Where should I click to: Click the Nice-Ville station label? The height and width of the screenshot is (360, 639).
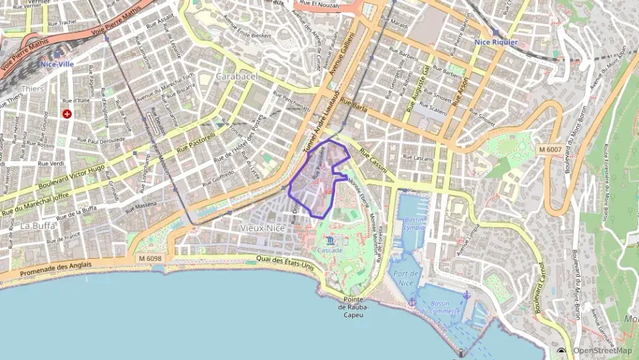coord(56,64)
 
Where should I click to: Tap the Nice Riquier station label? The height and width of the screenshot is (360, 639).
coord(496,42)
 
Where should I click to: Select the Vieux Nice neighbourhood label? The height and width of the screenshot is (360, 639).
coord(261,227)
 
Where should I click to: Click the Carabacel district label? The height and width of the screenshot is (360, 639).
coord(236,77)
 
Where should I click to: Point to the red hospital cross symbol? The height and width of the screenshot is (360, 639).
coord(67,113)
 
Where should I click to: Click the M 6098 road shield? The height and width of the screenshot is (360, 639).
coord(150,258)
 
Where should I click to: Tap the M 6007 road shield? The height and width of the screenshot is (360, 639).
coord(550,149)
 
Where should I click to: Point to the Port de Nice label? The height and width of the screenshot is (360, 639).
coord(407,278)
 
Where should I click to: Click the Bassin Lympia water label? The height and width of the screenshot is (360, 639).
coord(414,225)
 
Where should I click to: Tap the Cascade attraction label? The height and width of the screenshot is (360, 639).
coord(330,251)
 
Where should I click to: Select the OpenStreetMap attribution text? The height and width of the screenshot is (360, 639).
coord(601,350)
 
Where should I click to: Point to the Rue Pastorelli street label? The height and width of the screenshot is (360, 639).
coord(196,142)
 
